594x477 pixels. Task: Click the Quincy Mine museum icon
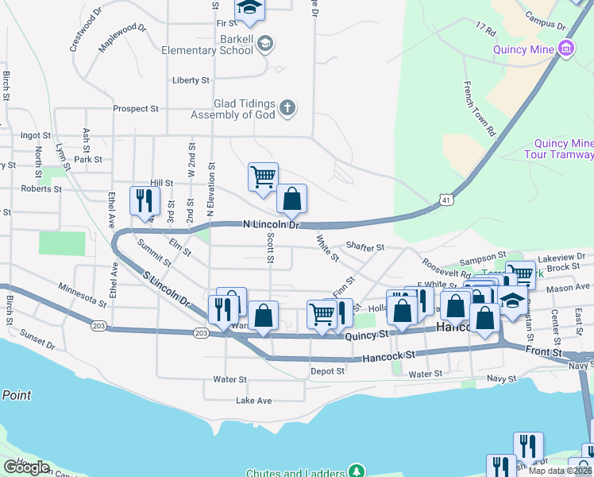pos(566,49)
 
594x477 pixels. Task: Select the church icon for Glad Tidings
pos(287,107)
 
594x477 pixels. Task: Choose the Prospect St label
pos(136,108)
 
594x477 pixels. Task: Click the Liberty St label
pos(191,80)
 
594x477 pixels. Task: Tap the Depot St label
pos(327,370)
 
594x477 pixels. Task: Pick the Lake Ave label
pos(254,401)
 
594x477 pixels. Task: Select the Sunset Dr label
pos(38,339)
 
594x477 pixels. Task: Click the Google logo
pos(26,467)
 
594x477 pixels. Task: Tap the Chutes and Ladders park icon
pos(358,472)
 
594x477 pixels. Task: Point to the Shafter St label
pos(365,248)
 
